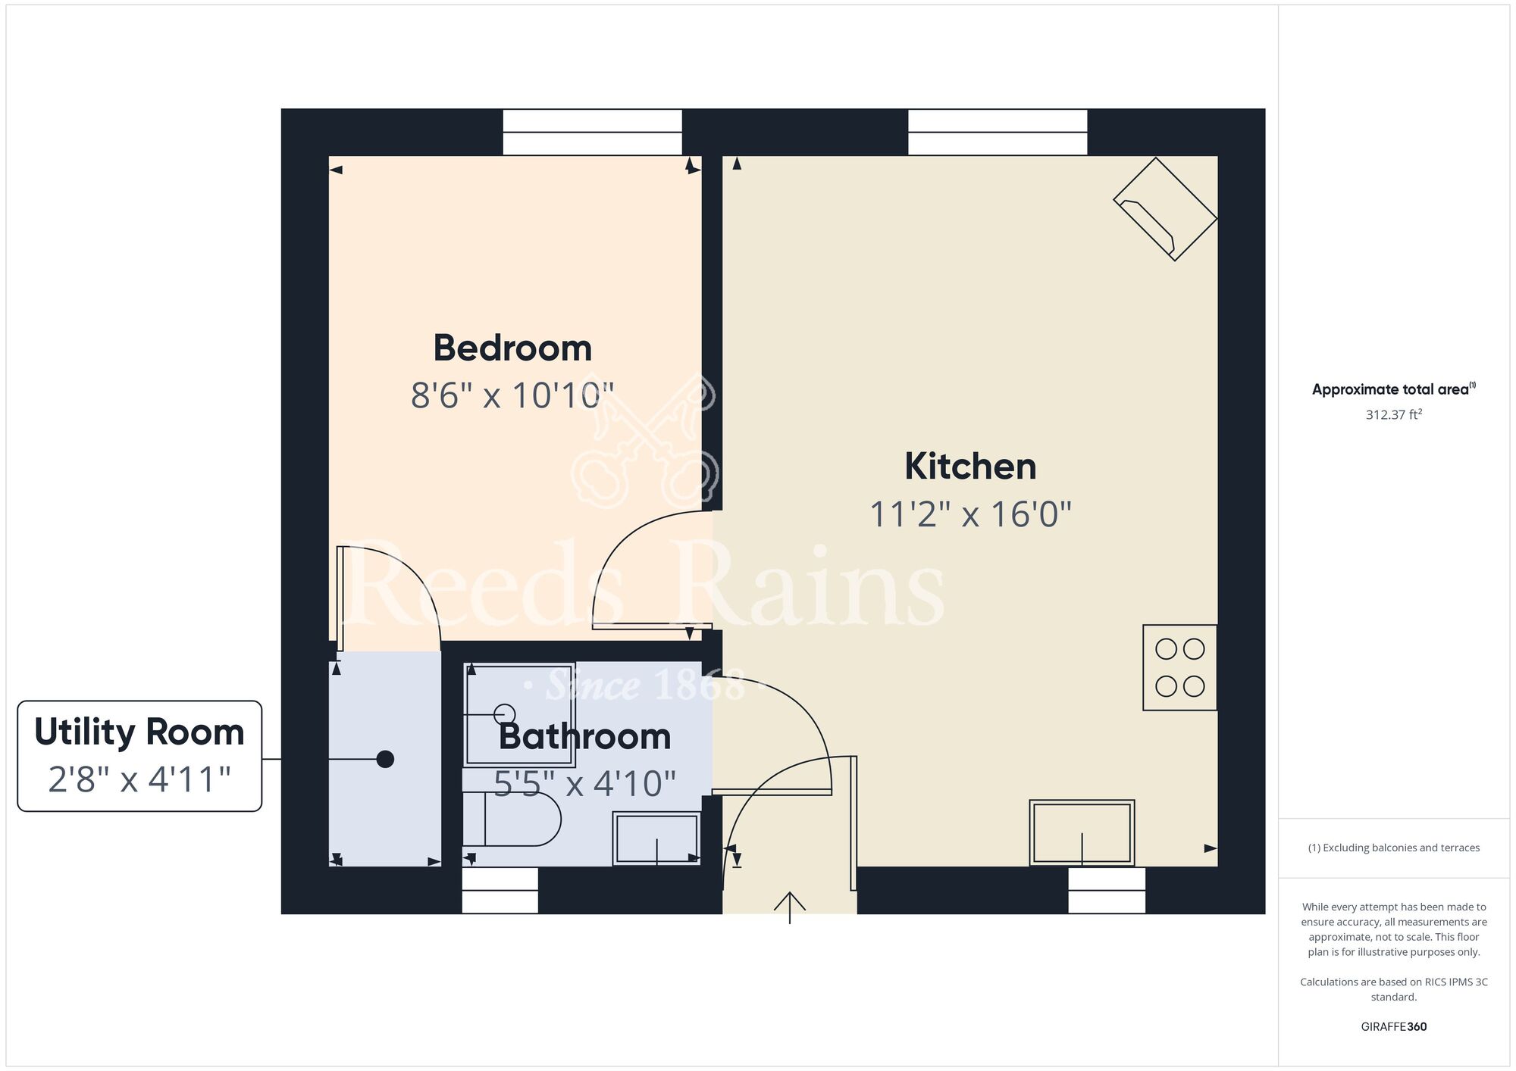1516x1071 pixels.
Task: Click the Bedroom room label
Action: (x=512, y=348)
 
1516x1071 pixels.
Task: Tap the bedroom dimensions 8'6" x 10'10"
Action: (x=512, y=395)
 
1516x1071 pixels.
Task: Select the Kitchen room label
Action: (x=970, y=466)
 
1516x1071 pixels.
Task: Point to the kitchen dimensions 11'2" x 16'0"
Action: (x=970, y=514)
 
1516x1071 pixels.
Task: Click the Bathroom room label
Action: (x=584, y=737)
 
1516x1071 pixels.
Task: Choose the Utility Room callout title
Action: (x=139, y=732)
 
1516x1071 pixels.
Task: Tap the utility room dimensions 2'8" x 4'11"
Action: (x=139, y=779)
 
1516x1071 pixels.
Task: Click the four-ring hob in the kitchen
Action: (x=1179, y=667)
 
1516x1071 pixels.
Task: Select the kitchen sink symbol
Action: (x=1082, y=832)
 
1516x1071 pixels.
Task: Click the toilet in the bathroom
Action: (x=512, y=819)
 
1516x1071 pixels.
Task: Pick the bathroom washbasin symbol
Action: (x=656, y=838)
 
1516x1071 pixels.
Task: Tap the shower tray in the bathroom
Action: (x=519, y=715)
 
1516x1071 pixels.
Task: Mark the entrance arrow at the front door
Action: (x=790, y=907)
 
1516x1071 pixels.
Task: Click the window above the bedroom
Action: (x=593, y=133)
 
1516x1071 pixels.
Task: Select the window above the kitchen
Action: (x=998, y=133)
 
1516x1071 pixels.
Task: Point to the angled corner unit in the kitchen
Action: (x=1165, y=209)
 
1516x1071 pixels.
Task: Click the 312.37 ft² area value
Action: (x=1394, y=414)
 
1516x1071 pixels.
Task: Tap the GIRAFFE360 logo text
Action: (x=1394, y=1027)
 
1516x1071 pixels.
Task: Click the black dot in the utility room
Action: (x=385, y=759)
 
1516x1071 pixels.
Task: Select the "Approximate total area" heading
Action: (x=1394, y=389)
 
